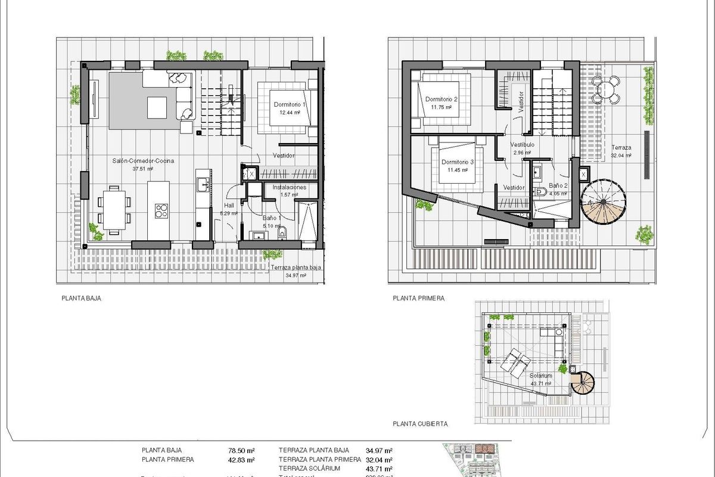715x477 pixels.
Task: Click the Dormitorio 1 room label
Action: [289, 105]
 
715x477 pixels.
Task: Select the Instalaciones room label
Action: [289, 187]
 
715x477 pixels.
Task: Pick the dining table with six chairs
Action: [113, 209]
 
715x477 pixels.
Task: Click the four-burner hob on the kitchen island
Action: [162, 210]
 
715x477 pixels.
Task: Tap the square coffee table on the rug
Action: [157, 107]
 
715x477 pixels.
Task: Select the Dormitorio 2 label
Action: [441, 99]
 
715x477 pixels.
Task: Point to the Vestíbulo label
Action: [523, 145]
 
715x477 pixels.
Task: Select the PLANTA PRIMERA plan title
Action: [419, 298]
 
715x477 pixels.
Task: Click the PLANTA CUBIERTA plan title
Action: [421, 424]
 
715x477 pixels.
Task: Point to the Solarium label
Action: [540, 376]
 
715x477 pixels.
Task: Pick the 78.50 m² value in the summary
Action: [243, 451]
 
